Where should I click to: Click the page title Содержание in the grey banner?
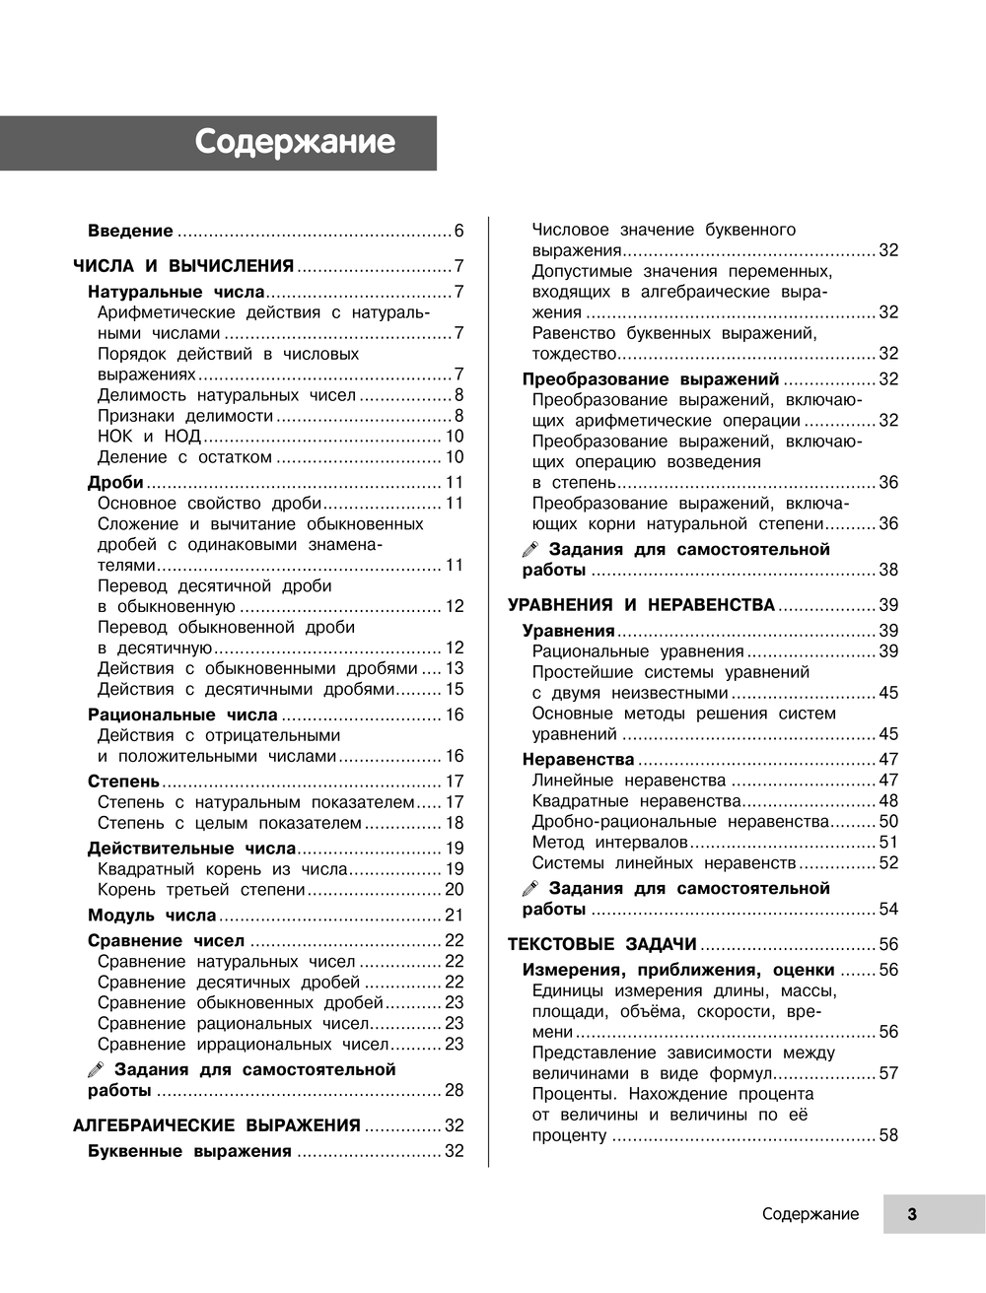point(295,143)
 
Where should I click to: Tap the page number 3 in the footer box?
point(912,1214)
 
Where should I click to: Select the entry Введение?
point(130,232)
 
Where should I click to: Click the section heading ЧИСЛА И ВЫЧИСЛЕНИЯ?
point(184,266)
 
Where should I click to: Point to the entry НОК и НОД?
point(149,437)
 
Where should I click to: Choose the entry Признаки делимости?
point(185,416)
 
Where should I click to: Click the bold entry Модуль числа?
point(152,916)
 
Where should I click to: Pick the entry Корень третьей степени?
point(201,890)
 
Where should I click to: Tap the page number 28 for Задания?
point(454,1090)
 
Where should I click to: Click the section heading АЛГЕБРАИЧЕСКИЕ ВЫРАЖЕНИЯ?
point(217,1125)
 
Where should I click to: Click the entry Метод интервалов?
point(609,843)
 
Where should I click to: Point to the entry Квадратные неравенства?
point(636,801)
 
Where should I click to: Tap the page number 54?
point(888,910)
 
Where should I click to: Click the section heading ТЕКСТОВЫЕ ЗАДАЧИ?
point(602,944)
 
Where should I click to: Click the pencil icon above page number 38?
point(530,550)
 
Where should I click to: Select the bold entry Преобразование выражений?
point(651,379)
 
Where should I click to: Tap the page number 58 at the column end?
point(888,1135)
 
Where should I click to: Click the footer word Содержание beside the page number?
point(810,1214)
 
